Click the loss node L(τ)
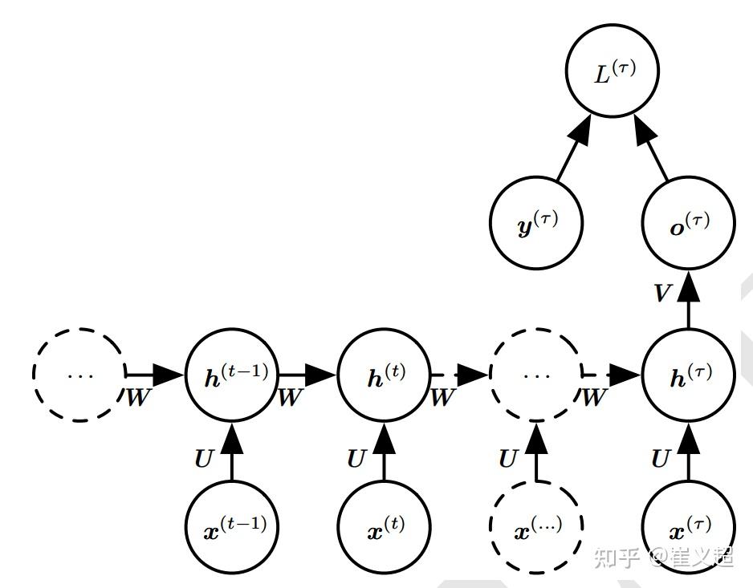(613, 71)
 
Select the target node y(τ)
(536, 223)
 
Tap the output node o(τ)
(689, 223)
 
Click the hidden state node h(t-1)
(233, 375)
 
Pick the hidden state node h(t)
(385, 375)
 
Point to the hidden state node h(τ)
(689, 375)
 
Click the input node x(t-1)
(233, 527)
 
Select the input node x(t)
(385, 527)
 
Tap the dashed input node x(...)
(536, 527)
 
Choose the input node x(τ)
(689, 527)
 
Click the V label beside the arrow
(663, 292)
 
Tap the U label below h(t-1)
(204, 459)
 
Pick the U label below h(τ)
(661, 459)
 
